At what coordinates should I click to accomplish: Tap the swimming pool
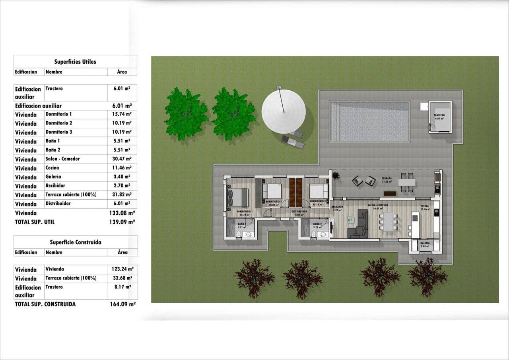(x=369, y=122)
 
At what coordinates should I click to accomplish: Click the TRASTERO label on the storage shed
(x=439, y=115)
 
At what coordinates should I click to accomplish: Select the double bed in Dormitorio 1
(x=237, y=198)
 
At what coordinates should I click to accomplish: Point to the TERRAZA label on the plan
(x=387, y=179)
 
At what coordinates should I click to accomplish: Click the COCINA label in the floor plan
(x=425, y=206)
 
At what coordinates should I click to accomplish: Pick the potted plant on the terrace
(x=336, y=175)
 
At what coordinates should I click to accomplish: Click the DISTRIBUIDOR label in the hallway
(x=299, y=212)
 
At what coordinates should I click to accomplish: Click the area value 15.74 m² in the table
(x=122, y=114)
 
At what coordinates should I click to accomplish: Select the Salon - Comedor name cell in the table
(x=62, y=159)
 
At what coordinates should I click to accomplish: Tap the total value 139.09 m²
(x=122, y=222)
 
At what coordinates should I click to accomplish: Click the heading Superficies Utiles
(x=75, y=62)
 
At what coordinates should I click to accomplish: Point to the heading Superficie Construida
(x=76, y=242)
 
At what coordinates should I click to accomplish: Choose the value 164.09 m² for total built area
(x=122, y=304)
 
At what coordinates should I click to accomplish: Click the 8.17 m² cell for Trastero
(x=122, y=287)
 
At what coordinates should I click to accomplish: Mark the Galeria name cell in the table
(x=53, y=177)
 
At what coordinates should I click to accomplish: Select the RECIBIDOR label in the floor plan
(x=337, y=207)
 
